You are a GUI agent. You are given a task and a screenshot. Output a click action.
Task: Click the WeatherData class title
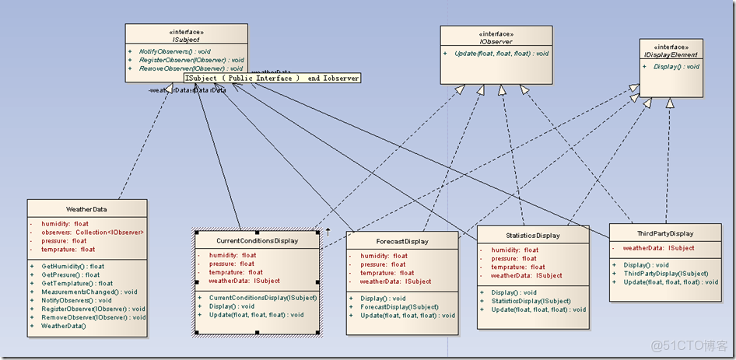pyautogui.click(x=86, y=209)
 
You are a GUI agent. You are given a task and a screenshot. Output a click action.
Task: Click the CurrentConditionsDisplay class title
pyautogui.click(x=256, y=241)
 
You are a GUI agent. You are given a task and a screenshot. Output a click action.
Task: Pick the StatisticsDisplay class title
pyautogui.click(x=532, y=236)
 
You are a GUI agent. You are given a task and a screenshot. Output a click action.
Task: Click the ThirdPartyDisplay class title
pyautogui.click(x=665, y=233)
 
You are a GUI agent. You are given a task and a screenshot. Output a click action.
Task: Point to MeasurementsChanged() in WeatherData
pyautogui.click(x=89, y=292)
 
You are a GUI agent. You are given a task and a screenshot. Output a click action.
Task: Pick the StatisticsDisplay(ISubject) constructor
pyautogui.click(x=531, y=301)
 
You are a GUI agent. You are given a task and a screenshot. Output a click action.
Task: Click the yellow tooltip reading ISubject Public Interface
pyautogui.click(x=272, y=78)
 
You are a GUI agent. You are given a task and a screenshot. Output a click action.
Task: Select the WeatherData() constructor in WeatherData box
pyautogui.click(x=64, y=326)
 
